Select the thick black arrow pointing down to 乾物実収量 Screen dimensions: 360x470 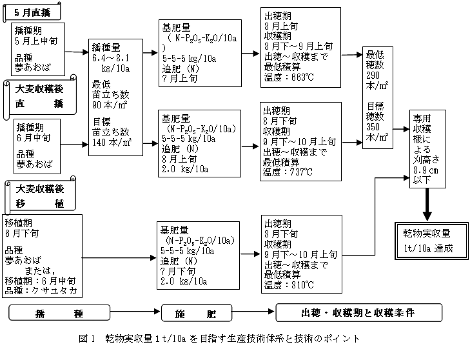click(x=426, y=206)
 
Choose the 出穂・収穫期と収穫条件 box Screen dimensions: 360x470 click(x=358, y=313)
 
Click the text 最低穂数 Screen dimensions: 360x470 click(x=377, y=60)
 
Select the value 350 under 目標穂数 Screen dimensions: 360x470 click(x=374, y=126)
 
